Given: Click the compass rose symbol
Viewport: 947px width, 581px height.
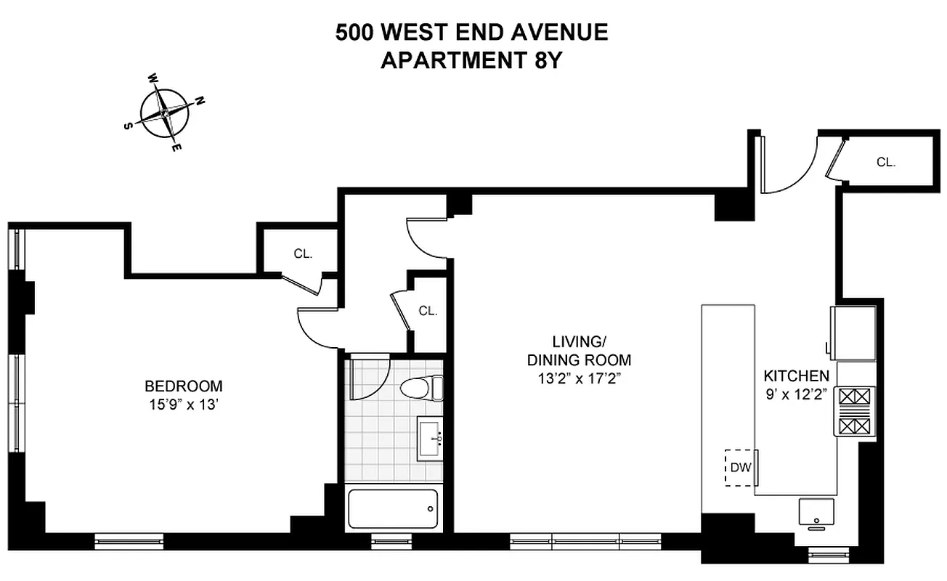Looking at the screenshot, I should tap(166, 113).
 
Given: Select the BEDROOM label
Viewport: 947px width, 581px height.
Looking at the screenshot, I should tap(183, 386).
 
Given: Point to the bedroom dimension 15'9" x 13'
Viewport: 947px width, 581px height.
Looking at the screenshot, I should tap(183, 405).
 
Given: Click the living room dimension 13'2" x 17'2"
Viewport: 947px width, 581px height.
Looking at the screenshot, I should tap(579, 378).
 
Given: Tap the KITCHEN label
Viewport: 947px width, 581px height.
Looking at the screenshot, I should tap(796, 376).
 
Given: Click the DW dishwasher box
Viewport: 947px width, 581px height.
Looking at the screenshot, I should tap(740, 468).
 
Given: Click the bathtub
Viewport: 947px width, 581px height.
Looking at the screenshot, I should tap(394, 508).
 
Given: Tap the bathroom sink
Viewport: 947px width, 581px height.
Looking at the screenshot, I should tap(431, 438).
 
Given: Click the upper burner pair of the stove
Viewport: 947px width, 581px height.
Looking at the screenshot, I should tap(855, 397).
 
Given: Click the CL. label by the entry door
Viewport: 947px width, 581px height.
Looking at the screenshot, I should tap(885, 163).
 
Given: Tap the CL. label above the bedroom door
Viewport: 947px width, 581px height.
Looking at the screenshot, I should tap(303, 253).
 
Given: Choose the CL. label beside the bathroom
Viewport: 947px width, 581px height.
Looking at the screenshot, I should tap(428, 311).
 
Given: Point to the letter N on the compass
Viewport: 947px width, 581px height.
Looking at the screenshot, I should tap(200, 101).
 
